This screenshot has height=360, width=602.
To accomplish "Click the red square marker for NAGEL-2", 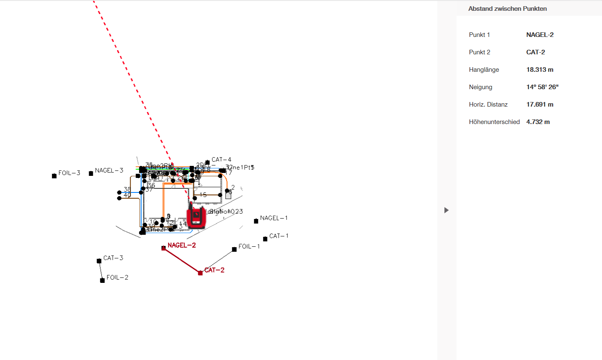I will click(163, 248).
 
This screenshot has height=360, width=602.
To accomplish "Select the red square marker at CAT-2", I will click(200, 273).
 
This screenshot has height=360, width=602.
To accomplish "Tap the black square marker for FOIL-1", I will click(234, 249).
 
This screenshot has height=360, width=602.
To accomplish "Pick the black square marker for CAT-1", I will click(265, 239).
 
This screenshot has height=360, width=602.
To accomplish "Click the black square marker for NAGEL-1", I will click(256, 221).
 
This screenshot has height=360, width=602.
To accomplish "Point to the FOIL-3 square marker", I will click(54, 176).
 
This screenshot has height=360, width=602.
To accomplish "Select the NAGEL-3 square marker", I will click(91, 173).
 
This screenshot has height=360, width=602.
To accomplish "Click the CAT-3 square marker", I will click(99, 261).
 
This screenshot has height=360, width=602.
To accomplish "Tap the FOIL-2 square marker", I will click(102, 280).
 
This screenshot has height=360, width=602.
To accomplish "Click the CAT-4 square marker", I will click(207, 163).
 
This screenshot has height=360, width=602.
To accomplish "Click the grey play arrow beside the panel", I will click(446, 210).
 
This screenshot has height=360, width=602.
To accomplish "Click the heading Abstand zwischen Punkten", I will click(507, 9).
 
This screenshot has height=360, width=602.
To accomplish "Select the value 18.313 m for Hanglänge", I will click(540, 70).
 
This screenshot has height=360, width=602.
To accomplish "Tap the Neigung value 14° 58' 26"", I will click(542, 87).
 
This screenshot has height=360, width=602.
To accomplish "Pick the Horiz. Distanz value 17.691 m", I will click(540, 105).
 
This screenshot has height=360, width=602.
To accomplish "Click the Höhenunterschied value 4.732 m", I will click(538, 122).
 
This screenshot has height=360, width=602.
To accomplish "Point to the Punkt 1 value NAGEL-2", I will click(540, 35).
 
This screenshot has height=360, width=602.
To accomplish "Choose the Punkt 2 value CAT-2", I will click(536, 52).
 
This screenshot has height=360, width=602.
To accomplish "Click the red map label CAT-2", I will click(215, 270).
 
